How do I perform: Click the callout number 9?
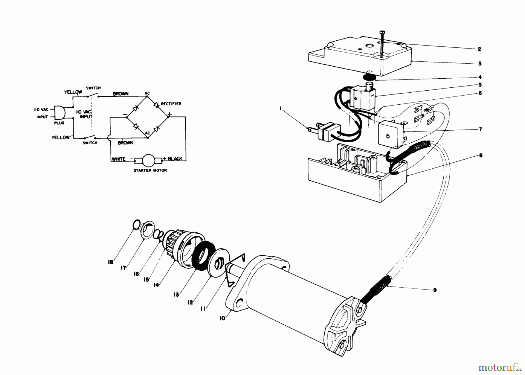[435, 290]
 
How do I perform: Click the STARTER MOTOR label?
[150, 170]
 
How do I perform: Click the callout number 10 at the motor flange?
[223, 318]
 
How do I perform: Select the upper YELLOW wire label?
[73, 92]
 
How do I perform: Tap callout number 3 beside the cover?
[480, 63]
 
